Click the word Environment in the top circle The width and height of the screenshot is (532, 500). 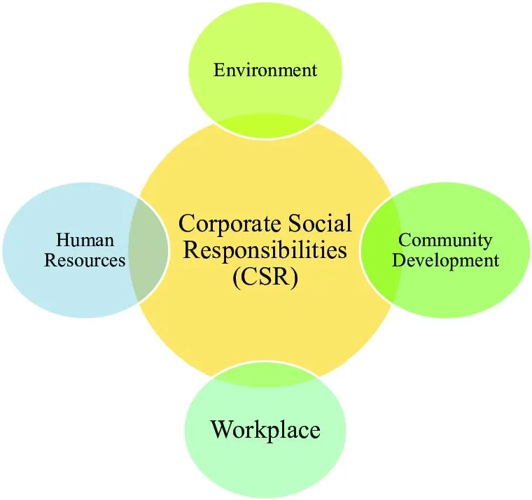tap(265, 70)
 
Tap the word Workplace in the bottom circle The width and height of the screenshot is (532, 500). tap(265, 430)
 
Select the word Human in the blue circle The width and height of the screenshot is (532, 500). tap(85, 240)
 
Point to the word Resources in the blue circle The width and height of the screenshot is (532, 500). tap(85, 260)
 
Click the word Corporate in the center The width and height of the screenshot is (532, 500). tap(230, 224)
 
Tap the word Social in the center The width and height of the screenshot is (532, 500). tap(321, 223)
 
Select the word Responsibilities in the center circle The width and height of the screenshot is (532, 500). tap(265, 251)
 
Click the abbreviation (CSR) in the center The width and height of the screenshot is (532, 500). tap(265, 277)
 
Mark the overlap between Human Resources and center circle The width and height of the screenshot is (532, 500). tap(148, 250)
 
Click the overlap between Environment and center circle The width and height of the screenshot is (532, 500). tap(265, 126)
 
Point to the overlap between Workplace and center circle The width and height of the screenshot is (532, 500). tap(265, 374)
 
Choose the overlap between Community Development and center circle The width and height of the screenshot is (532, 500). tap(381, 250)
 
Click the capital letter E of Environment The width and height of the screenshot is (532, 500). tap(220, 70)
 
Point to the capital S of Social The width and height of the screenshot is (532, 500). tap(295, 223)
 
